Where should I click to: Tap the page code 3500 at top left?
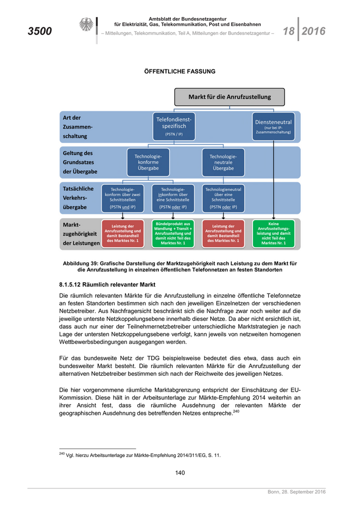[40, 31]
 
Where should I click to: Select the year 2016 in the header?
[314, 31]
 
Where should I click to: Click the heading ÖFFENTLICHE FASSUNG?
[179, 71]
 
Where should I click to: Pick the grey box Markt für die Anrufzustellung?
[229, 97]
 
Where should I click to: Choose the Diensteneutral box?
[274, 126]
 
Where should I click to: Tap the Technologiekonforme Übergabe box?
[148, 162]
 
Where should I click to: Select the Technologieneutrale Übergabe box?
[223, 162]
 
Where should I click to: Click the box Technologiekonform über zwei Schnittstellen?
[122, 198]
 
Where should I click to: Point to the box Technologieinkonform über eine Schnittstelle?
[173, 198]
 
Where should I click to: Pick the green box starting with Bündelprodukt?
[173, 233]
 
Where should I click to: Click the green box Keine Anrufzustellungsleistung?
[274, 233]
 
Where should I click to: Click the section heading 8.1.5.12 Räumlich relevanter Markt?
[107, 284]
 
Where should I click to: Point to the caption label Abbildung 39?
[81, 263]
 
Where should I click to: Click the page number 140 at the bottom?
[179, 473]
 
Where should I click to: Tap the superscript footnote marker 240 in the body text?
[236, 411]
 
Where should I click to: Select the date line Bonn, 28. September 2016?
[296, 493]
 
